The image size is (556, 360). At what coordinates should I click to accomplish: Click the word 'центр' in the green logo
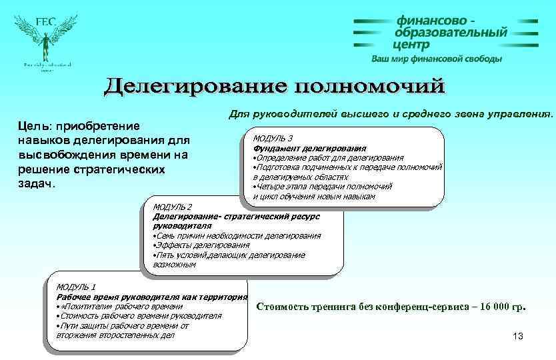[411, 45]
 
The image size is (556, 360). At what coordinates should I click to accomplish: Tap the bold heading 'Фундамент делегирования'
[309, 148]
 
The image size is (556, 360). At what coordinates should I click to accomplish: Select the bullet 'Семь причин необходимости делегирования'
[237, 235]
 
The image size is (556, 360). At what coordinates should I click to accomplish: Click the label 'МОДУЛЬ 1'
[76, 287]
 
